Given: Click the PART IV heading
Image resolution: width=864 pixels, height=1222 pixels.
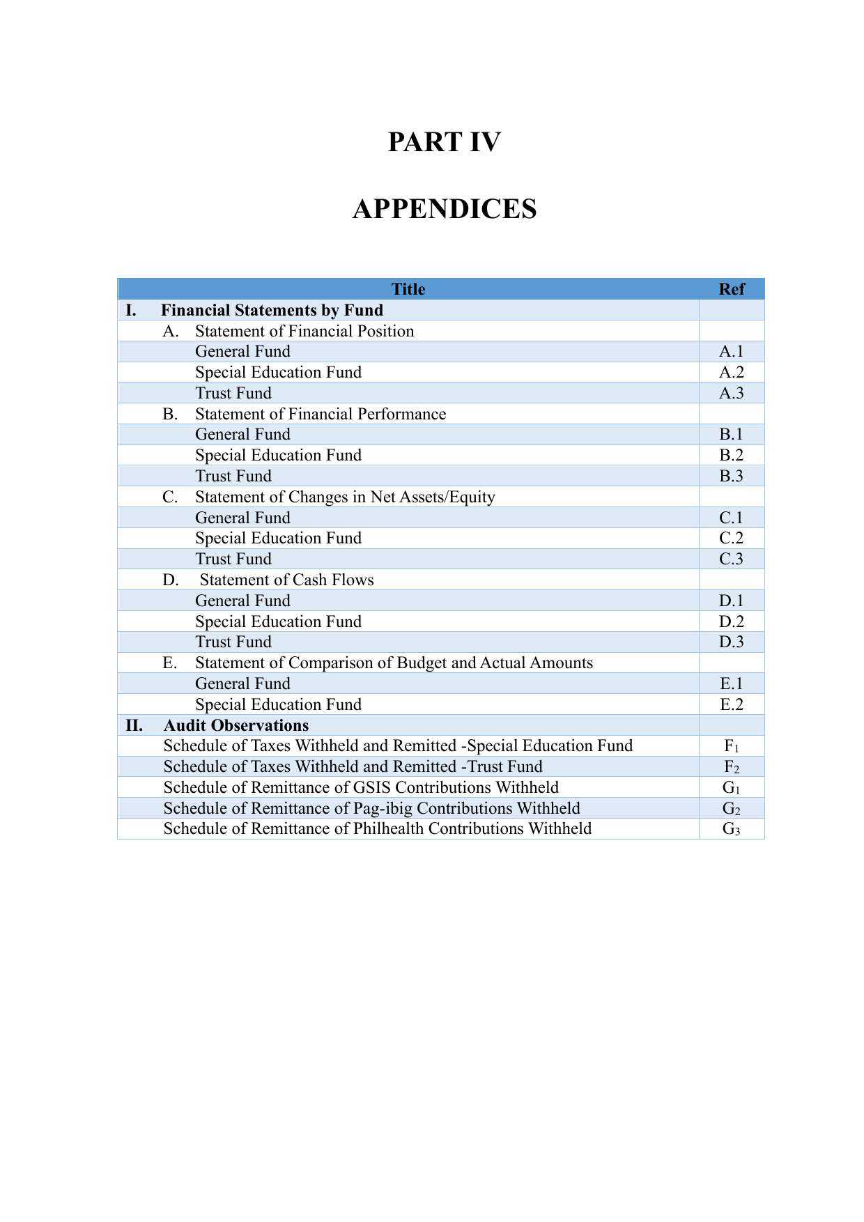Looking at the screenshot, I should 444,142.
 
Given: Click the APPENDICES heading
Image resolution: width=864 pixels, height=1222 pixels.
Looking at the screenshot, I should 445,209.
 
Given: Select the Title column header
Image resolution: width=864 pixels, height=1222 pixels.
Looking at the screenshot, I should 408,289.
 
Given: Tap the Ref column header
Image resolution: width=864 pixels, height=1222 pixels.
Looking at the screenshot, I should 732,289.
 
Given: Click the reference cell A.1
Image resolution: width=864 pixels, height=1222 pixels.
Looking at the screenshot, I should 732,352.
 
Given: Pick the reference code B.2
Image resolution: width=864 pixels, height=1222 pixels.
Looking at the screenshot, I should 732,456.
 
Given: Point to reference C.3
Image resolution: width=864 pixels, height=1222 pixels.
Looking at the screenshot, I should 732,559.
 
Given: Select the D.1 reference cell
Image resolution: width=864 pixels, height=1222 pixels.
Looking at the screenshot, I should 732,601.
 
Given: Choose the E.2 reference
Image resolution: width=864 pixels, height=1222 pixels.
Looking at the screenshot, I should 732,705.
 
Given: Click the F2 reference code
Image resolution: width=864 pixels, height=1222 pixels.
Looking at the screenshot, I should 732,767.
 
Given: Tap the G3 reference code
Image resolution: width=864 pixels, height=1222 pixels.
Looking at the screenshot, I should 732,829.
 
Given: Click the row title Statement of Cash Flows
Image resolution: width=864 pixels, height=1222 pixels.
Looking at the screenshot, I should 286,580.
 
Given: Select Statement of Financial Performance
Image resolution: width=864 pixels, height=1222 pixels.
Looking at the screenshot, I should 321,415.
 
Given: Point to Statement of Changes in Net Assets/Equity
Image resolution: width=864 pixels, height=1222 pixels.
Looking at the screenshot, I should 345,497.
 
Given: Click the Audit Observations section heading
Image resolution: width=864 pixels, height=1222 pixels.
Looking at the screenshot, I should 236,726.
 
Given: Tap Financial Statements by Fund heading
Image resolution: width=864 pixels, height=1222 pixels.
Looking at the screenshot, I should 272,311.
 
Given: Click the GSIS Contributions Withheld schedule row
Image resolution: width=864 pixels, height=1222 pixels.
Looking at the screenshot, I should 361,788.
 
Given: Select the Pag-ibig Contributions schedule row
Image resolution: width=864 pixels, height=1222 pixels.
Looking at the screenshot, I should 371,808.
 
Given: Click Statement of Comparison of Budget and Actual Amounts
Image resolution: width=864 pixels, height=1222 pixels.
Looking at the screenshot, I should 394,663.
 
